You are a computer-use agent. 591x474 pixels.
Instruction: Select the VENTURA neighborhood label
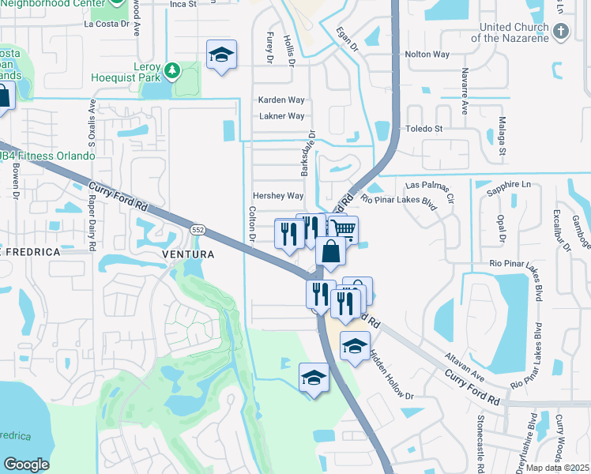[x=187, y=254]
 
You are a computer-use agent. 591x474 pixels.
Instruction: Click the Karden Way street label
[x=281, y=100]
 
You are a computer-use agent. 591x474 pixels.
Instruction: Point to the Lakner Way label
[x=282, y=116]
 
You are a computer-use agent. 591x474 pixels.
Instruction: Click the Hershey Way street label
[x=278, y=195]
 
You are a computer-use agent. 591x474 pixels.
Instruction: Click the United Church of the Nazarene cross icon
[x=561, y=32]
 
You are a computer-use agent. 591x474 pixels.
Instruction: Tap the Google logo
[x=25, y=465]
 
